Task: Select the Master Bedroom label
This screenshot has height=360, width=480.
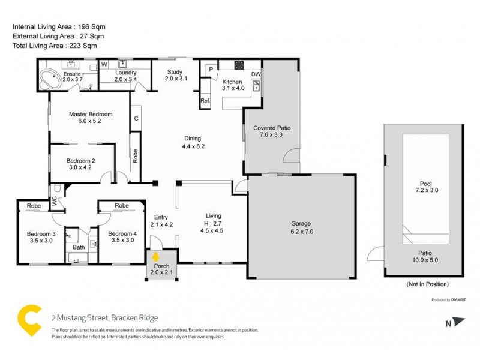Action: (90, 114)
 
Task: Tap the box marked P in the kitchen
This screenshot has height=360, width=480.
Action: (211, 69)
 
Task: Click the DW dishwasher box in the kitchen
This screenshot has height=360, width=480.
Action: (256, 74)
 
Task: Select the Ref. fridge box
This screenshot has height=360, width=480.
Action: (205, 100)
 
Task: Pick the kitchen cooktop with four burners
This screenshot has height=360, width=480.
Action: (239, 65)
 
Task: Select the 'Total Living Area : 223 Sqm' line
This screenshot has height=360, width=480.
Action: (54, 45)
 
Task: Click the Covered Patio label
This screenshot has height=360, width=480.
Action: (267, 128)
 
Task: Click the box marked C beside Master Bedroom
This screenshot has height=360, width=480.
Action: (136, 118)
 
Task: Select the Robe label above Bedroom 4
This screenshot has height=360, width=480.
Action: (122, 206)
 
